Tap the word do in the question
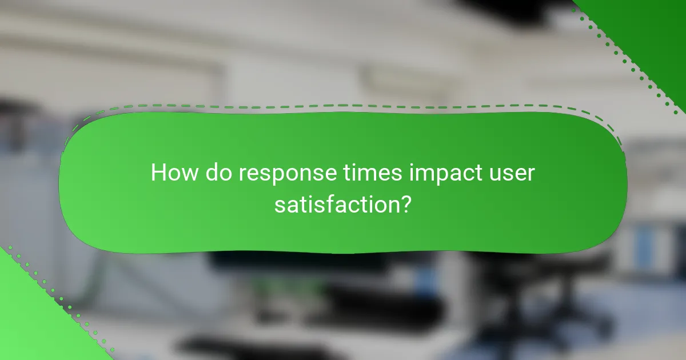[x=218, y=173]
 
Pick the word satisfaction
[x=336, y=203]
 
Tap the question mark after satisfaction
[x=405, y=203]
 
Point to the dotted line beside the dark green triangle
[x=623, y=57]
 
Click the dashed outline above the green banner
[x=343, y=106]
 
